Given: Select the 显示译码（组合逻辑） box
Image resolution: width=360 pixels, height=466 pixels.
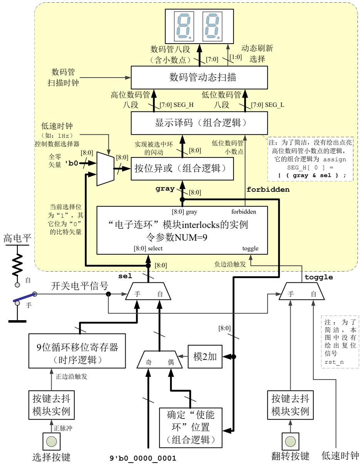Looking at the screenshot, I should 200,123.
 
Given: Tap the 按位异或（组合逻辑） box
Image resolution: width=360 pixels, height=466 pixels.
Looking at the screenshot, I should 182,168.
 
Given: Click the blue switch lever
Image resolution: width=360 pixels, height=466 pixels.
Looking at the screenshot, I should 24,299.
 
